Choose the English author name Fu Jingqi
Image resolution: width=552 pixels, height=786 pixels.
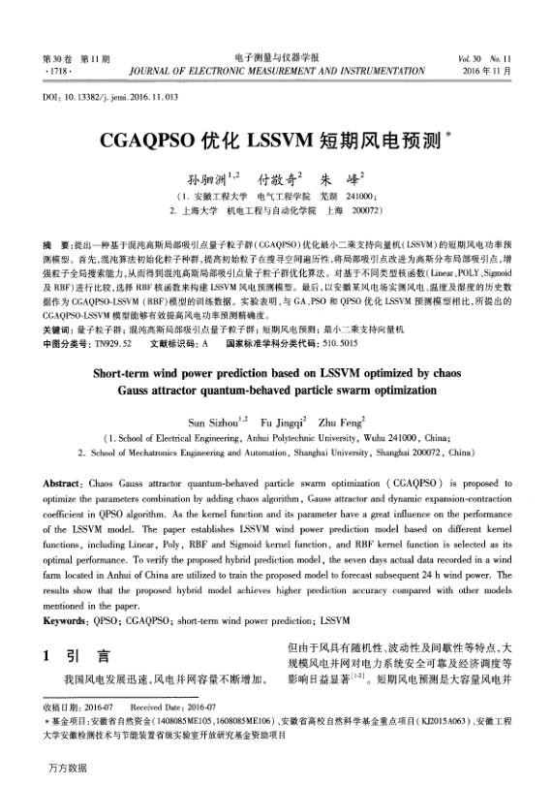click(282, 423)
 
